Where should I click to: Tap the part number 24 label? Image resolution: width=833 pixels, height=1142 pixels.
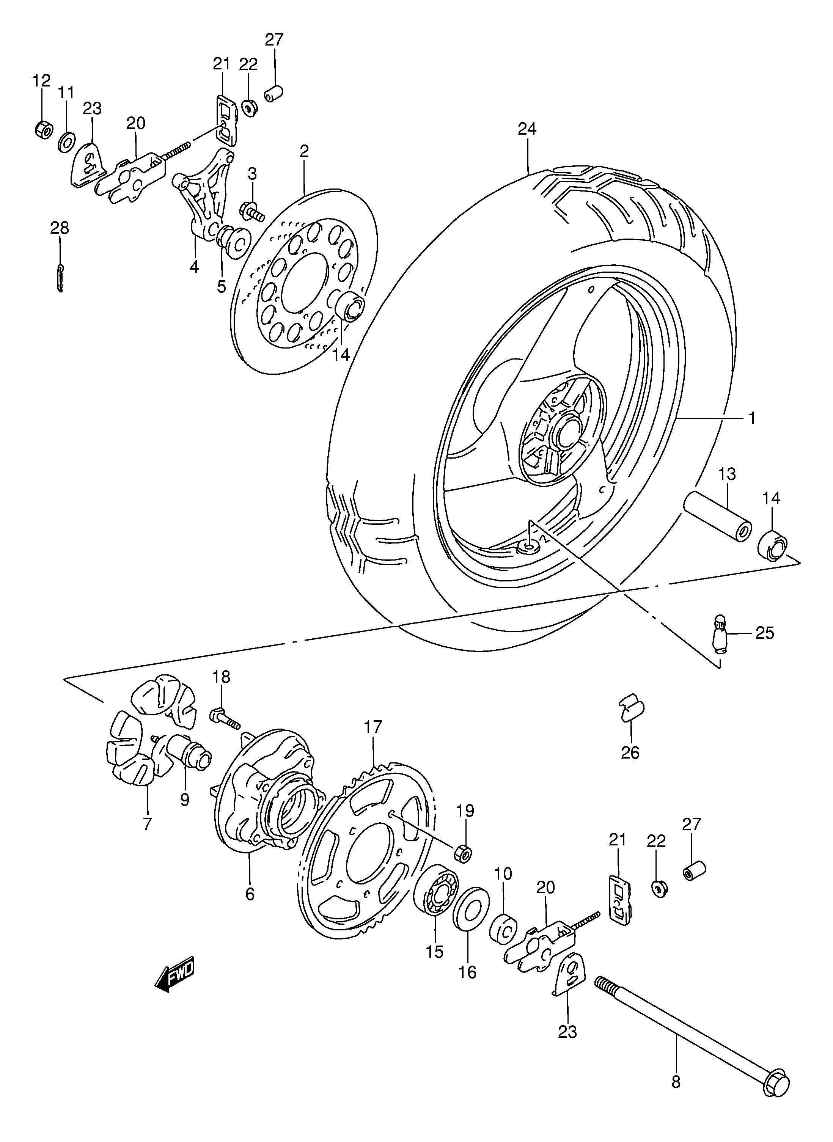coord(527,129)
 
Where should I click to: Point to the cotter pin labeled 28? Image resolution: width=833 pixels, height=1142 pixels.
coord(60,277)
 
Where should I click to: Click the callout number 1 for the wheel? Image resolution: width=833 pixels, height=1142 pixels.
coord(751,418)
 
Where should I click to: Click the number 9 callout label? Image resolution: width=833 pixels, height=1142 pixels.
coord(185,800)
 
